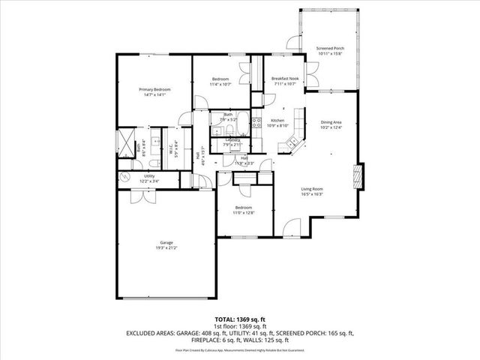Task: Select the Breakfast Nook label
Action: pos(286,78)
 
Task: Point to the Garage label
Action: pos(166,242)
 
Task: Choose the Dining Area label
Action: pos(331,122)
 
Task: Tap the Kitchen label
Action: pos(277,121)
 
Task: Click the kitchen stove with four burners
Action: pos(256,123)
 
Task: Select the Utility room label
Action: pos(149,175)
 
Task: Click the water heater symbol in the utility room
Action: pos(124,177)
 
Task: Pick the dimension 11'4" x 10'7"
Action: pos(220,85)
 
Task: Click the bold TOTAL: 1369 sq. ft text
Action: pos(239,319)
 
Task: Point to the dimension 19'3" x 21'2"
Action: pos(166,247)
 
